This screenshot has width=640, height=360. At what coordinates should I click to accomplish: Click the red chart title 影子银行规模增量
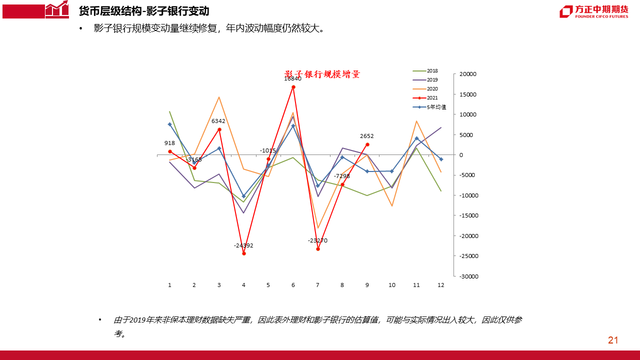[x=322, y=74]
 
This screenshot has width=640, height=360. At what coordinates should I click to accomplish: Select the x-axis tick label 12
[x=440, y=285]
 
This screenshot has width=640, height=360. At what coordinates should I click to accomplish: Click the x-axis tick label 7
[x=317, y=285]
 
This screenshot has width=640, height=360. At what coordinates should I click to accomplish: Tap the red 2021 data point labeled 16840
[x=293, y=87]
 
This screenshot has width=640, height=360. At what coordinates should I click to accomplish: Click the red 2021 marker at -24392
[x=244, y=253]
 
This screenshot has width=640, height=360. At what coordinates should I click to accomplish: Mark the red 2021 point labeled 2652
[x=367, y=144]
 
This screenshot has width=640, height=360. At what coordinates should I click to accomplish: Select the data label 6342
[x=218, y=121]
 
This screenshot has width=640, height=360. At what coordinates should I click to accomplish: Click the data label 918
[x=169, y=143]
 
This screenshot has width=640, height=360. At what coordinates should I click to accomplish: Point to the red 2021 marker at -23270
[x=318, y=249]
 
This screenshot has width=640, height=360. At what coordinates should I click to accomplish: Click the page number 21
[x=613, y=340]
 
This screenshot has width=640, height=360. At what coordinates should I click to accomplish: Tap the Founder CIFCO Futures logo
[x=593, y=11]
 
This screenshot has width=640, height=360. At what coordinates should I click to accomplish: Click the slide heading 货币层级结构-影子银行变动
[x=144, y=11]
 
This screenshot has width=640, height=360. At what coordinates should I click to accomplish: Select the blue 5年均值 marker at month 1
[x=170, y=124]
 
